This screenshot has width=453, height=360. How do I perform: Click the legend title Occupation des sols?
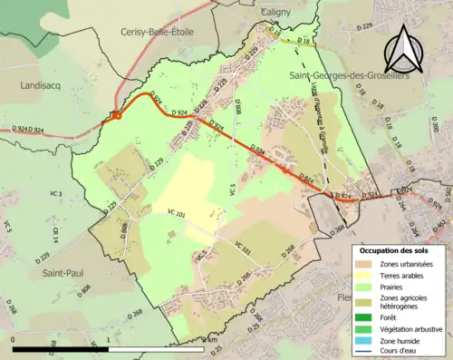(395, 249)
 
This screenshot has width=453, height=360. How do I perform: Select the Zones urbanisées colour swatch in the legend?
(363, 263)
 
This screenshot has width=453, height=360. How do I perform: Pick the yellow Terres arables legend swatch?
(363, 275)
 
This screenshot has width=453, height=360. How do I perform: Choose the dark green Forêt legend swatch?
(363, 317)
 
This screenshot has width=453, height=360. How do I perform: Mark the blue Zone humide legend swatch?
(363, 341)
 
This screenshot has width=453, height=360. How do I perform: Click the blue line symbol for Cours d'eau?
(363, 353)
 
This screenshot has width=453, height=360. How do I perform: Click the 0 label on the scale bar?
(14, 347)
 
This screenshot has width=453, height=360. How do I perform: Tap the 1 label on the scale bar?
(108, 347)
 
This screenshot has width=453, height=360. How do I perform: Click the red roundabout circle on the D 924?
(116, 115)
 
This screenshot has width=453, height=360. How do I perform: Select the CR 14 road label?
(55, 233)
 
